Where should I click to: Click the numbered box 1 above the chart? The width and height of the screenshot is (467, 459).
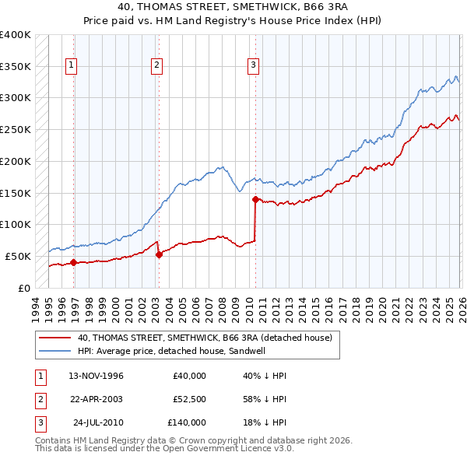pyautogui.click(x=71, y=66)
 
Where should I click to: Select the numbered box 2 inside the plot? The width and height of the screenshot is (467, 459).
pyautogui.click(x=156, y=66)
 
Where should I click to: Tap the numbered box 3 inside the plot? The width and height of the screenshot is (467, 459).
pyautogui.click(x=253, y=66)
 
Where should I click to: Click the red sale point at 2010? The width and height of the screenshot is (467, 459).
pyautogui.click(x=255, y=199)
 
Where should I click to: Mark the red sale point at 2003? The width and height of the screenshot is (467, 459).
pyautogui.click(x=159, y=254)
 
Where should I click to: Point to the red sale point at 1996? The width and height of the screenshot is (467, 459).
pyautogui.click(x=74, y=262)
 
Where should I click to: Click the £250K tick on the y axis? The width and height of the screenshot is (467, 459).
pyautogui.click(x=16, y=129)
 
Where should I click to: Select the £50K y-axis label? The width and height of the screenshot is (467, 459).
pyautogui.click(x=18, y=256)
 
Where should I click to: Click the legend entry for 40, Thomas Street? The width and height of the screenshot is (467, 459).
pyautogui.click(x=205, y=338)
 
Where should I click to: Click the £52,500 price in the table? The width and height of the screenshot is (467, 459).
pyautogui.click(x=189, y=399)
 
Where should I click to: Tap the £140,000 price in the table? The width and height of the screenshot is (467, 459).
pyautogui.click(x=187, y=422)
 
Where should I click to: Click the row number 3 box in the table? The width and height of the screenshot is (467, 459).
pyautogui.click(x=39, y=422)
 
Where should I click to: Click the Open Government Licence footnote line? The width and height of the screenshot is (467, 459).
pyautogui.click(x=164, y=449)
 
